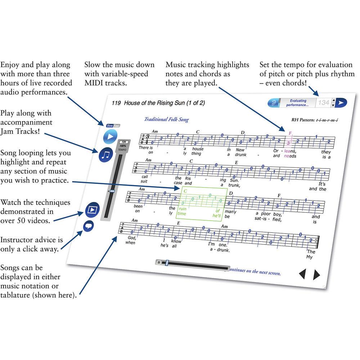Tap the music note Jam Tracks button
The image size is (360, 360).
[x=106, y=155]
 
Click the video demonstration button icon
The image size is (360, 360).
[x=93, y=210]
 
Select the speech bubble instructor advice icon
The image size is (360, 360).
[x=89, y=226]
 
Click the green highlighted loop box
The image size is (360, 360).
[x=202, y=203]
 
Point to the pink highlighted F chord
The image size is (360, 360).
[x=290, y=133]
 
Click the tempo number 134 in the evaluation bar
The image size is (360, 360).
[x=324, y=103]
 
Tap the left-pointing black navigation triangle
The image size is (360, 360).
[x=302, y=275]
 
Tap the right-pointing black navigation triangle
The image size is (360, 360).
[x=316, y=275]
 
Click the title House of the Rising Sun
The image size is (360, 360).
[x=164, y=103]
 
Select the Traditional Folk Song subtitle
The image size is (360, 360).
[x=166, y=120]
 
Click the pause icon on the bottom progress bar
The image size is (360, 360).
[x=159, y=262]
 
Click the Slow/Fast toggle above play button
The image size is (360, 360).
[x=113, y=126]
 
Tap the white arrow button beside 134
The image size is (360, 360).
[x=341, y=103]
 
